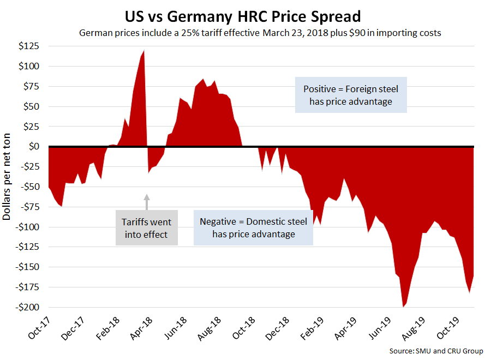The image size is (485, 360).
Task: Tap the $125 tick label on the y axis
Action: coord(29,46)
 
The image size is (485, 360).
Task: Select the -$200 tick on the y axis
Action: coord(27,307)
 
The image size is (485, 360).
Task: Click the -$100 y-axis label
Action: coord(27,227)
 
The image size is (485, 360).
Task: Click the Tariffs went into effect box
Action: coord(147,229)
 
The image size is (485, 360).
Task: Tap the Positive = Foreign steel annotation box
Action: coord(351,95)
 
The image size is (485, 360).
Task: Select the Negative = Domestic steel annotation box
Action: coord(253,227)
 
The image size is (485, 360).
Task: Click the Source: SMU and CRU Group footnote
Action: coord(436,350)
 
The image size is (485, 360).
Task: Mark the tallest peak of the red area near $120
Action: coord(143,51)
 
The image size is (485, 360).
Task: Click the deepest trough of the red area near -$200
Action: coord(404,306)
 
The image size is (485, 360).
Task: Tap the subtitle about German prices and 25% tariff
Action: coord(260,33)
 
